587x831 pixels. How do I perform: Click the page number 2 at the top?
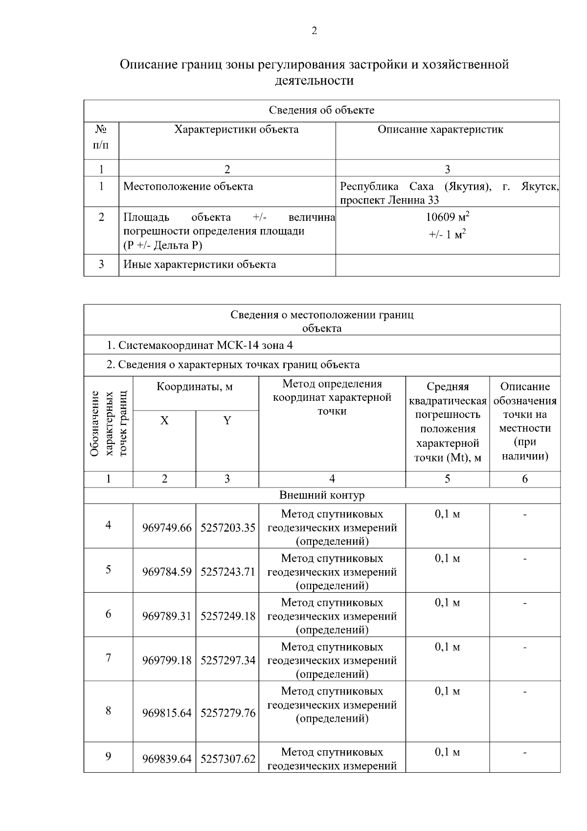pyautogui.click(x=314, y=31)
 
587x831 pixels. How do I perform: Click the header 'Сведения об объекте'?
pyautogui.click(x=321, y=110)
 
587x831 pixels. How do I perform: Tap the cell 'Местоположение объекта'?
pyautogui.click(x=188, y=186)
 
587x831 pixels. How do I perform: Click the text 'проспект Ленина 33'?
pyautogui.click(x=389, y=200)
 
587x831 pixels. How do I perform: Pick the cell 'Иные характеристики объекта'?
pyautogui.click(x=200, y=265)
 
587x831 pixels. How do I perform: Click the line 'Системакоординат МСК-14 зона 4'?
pyautogui.click(x=200, y=346)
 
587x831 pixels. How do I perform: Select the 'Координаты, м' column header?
pyautogui.click(x=195, y=387)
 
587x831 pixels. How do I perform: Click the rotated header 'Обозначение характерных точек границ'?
pyautogui.click(x=108, y=424)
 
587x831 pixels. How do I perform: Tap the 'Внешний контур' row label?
pyautogui.click(x=322, y=495)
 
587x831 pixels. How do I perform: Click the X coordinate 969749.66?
pyautogui.click(x=167, y=528)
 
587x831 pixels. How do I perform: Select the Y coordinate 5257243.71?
pyautogui.click(x=227, y=572)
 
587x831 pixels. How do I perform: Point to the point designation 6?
pyautogui.click(x=108, y=614)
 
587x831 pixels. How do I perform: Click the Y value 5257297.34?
pyautogui.click(x=227, y=661)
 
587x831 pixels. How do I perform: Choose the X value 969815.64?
pyautogui.click(x=167, y=713)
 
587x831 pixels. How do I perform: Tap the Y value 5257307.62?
pyautogui.click(x=227, y=759)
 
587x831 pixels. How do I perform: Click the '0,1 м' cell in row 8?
pyautogui.click(x=447, y=692)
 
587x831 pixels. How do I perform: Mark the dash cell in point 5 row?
pyautogui.click(x=524, y=559)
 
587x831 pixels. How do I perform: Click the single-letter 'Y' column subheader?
pyautogui.click(x=227, y=421)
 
